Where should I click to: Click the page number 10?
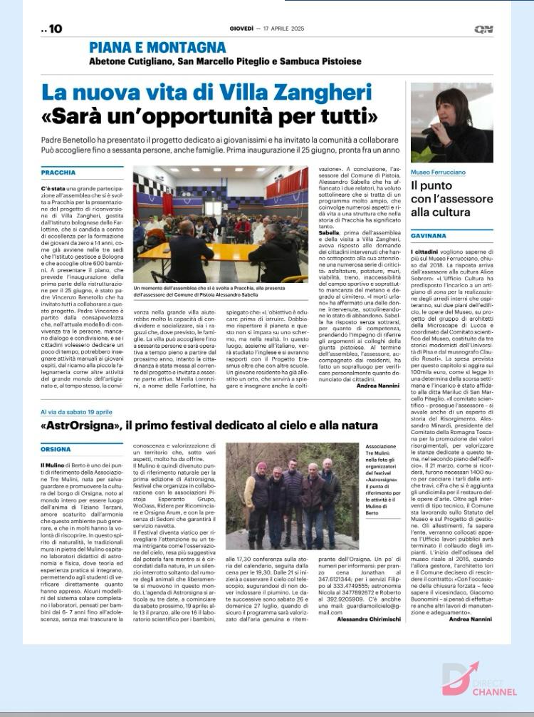coord(53,29)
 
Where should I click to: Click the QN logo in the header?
coord(484,29)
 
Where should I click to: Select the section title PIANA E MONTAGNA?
coord(157,48)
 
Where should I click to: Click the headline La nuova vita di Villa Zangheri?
coord(206,93)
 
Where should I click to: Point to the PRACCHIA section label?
coord(58,172)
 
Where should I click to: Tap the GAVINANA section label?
coord(428,235)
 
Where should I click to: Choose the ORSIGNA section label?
coord(56,450)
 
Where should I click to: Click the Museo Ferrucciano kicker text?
coord(439,172)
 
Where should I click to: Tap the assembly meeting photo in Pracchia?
coord(221,224)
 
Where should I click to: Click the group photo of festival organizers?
coord(292,496)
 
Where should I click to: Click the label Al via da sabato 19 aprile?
coord(77,412)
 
